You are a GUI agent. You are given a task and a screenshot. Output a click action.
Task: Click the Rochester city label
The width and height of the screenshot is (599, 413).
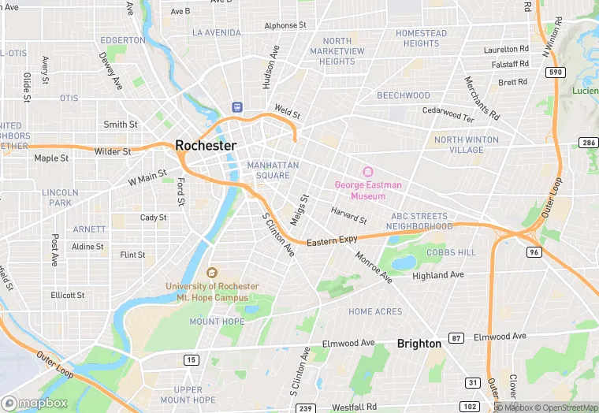[x=206, y=146]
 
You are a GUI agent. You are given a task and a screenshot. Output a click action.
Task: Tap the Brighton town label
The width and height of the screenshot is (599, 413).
[x=419, y=344]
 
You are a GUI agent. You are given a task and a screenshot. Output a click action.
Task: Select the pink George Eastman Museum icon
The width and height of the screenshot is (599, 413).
[x=367, y=172]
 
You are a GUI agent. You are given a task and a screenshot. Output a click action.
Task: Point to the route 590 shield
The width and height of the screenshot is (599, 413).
[x=555, y=72]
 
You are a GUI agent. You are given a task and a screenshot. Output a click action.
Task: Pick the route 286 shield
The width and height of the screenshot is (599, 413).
[x=588, y=143]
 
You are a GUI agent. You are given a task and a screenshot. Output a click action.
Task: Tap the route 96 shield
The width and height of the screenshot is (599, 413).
[x=534, y=252]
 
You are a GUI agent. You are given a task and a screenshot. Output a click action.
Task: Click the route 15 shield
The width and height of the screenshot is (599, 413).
[x=190, y=360]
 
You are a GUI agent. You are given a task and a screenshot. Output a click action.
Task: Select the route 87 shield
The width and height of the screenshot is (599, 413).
[x=456, y=337]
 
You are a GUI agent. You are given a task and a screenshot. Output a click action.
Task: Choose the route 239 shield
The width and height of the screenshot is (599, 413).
[x=306, y=407]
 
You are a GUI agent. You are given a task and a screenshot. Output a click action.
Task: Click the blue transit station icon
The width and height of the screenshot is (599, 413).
[x=236, y=106]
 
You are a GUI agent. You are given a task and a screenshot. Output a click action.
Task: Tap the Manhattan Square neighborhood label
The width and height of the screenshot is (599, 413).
[x=273, y=169]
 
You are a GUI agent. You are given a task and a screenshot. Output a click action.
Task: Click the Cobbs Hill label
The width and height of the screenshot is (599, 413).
[x=451, y=251]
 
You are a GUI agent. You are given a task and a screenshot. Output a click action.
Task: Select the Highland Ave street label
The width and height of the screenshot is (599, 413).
[x=439, y=276]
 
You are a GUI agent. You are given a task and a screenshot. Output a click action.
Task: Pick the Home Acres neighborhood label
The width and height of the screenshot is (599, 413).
[x=375, y=312]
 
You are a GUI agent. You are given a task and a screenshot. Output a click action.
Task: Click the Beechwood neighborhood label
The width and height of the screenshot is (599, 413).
[x=403, y=95]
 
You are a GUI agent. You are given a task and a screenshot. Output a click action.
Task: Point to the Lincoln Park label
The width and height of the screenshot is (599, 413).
[x=61, y=197]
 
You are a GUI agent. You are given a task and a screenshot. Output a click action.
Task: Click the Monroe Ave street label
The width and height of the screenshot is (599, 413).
[x=374, y=268]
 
